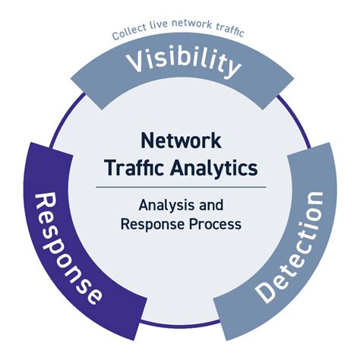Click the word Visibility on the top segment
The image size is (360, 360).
[180, 62]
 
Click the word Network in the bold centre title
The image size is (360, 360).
[180, 141]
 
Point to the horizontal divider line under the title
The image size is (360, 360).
[180, 186]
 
